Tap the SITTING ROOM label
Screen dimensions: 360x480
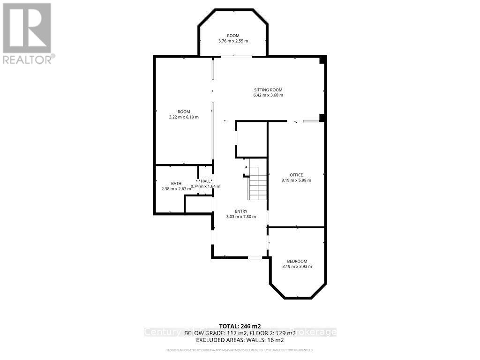click(x=268, y=90)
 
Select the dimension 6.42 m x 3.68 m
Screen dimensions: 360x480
click(x=268, y=95)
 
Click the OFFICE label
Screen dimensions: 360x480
click(x=296, y=175)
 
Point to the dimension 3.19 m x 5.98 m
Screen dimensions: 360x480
click(x=296, y=180)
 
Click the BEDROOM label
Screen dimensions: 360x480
click(x=297, y=261)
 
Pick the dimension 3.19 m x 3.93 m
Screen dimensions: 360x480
click(x=297, y=266)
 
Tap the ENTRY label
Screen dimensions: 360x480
click(x=241, y=211)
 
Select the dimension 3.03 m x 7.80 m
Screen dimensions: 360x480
click(x=241, y=217)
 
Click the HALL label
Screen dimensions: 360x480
click(x=205, y=181)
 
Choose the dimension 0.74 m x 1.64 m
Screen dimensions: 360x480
click(x=206, y=186)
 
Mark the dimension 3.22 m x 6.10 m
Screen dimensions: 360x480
click(x=183, y=117)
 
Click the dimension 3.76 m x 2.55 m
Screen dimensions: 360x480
click(x=233, y=41)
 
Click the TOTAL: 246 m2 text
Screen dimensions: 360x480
click(x=240, y=326)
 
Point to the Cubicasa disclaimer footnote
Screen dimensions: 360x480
click(x=240, y=350)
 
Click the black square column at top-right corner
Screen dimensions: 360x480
click(x=322, y=60)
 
